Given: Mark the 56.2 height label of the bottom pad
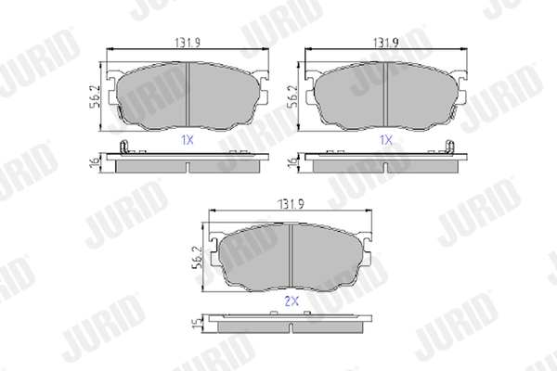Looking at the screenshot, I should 198,255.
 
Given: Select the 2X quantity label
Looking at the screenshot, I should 291,301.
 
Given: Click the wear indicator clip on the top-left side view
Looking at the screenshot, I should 125,146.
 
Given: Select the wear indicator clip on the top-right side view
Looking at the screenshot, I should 449,146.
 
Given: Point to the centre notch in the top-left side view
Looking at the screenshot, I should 188,167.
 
